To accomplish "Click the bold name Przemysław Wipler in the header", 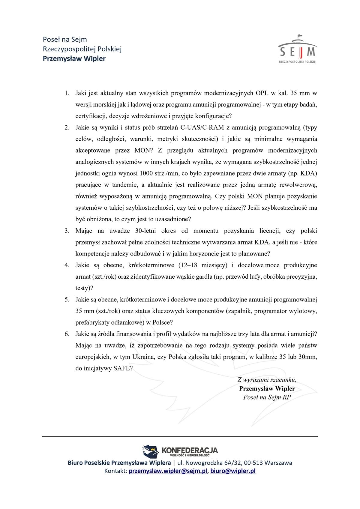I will click(x=74, y=58).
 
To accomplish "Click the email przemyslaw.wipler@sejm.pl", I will click(x=168, y=471).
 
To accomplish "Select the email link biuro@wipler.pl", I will click(x=233, y=471).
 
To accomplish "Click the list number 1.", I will click(x=67, y=93).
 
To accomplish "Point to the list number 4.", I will click(x=67, y=265).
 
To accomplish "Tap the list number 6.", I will click(x=67, y=334).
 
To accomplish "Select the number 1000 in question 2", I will click(x=146, y=173).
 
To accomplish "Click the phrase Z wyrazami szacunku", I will click(x=267, y=380).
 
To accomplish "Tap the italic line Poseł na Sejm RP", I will click(x=267, y=397).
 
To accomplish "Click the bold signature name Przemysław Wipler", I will click(x=267, y=388).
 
